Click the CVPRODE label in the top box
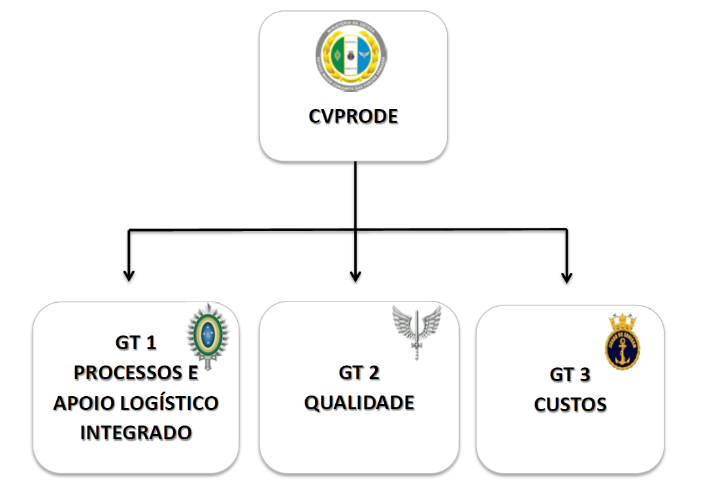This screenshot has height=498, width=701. tap(353, 118)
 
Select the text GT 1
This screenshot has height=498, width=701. tap(136, 343)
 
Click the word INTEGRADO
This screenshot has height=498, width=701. tap(136, 432)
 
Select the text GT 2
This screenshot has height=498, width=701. tap(359, 373)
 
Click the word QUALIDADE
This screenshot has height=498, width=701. tap(359, 403)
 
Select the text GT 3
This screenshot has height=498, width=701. tap(570, 375)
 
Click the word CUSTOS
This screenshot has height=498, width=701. tap(570, 405)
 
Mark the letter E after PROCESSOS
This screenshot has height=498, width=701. tap(193, 373)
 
